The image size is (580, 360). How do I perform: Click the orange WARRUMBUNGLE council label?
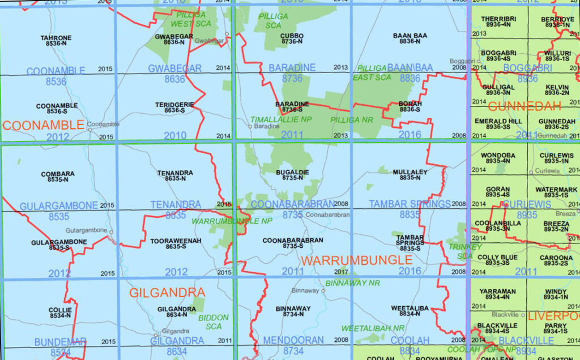pos(356,260)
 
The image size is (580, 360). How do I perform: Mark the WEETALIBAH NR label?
pos(372,328)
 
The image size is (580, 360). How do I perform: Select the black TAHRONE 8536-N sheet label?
pos(56,41)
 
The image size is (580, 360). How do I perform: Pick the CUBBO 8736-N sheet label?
pos(292,38)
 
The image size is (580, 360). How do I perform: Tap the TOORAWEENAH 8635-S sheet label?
pos(176,244)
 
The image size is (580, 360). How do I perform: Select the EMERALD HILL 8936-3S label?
pos(498,124)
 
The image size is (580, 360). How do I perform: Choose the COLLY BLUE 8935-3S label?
pos(497,260)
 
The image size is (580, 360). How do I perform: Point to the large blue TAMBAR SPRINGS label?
pos(410,204)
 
